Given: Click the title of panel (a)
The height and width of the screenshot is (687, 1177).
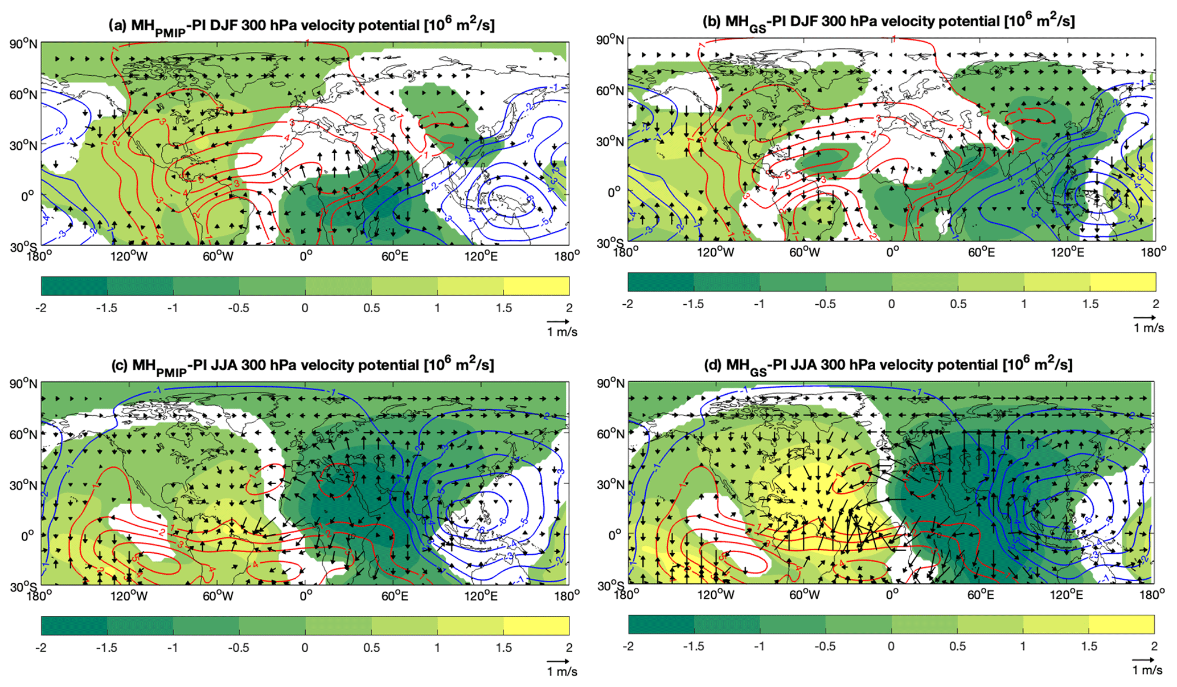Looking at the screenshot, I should [301, 26].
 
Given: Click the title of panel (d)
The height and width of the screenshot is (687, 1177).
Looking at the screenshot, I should [889, 365].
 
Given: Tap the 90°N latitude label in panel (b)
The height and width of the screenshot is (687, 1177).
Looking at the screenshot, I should [610, 40].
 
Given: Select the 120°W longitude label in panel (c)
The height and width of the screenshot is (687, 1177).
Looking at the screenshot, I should [129, 596].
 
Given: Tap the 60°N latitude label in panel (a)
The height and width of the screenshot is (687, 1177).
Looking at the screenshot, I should [24, 95].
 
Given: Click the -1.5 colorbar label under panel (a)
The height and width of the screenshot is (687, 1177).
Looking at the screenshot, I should [106, 308].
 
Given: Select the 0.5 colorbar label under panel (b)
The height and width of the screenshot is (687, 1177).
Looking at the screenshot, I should [958, 304].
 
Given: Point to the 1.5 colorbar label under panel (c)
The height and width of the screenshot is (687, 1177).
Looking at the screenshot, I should [503, 648].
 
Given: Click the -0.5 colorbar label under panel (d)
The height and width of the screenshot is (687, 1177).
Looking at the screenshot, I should [825, 647].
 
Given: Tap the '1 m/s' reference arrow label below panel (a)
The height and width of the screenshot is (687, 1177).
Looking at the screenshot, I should [561, 332].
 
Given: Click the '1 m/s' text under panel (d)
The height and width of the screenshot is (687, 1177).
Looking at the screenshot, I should [1147, 670].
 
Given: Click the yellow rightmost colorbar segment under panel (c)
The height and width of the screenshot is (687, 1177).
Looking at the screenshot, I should [536, 625].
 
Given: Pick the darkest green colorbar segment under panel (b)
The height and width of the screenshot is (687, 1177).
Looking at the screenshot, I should [661, 282].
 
